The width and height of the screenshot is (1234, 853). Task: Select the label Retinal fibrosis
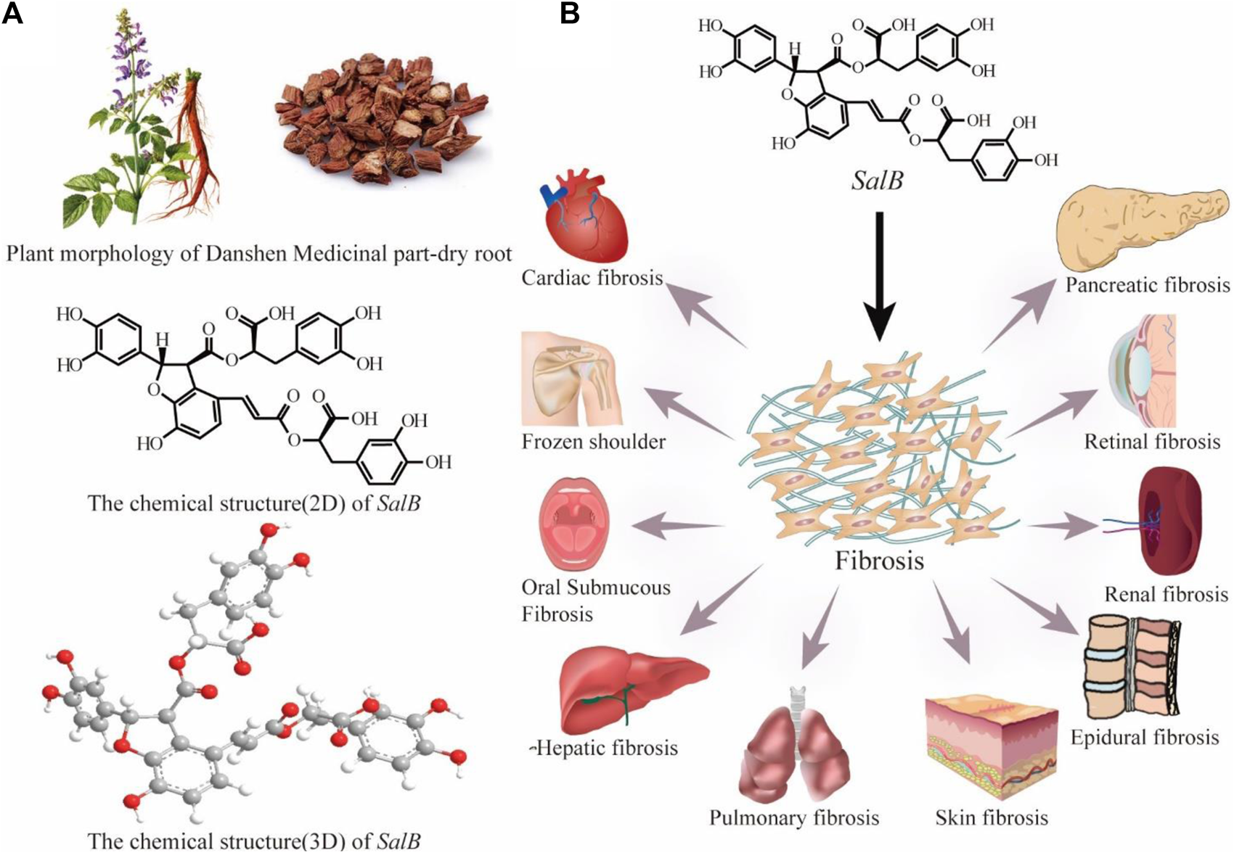(x=1152, y=442)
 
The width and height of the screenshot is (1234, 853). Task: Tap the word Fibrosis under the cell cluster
(x=879, y=561)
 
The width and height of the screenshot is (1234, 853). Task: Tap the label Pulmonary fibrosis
(x=794, y=818)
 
